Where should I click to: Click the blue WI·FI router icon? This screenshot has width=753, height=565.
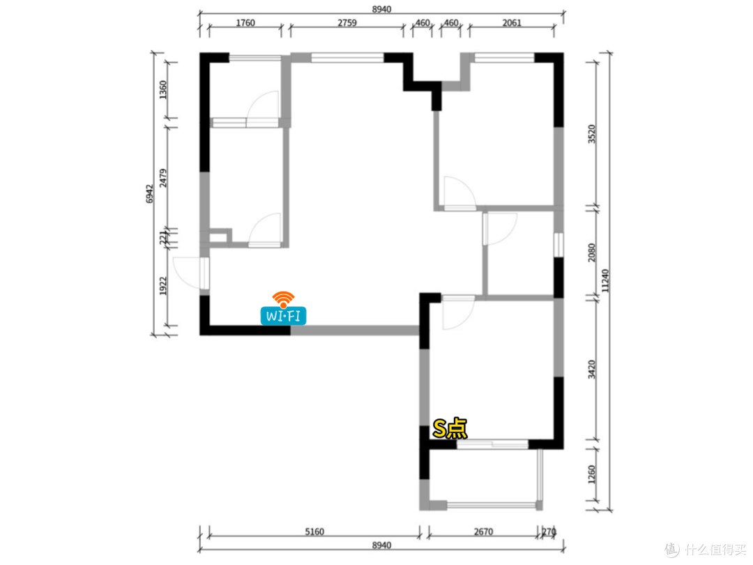(283, 316)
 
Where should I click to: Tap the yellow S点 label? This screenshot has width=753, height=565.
(450, 428)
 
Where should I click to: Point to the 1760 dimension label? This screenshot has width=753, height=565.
(245, 22)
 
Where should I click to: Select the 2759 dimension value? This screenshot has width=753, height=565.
(347, 22)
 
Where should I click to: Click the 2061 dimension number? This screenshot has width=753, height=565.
(512, 22)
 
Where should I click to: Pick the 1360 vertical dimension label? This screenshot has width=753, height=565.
(162, 90)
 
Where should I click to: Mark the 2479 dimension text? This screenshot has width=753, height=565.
(162, 178)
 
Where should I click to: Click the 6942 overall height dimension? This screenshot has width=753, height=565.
(149, 194)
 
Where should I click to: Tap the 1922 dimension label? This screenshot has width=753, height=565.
(162, 286)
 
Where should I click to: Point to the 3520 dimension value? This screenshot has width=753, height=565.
(592, 134)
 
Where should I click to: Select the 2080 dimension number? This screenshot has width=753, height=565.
(592, 253)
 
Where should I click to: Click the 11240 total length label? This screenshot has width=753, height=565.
(605, 280)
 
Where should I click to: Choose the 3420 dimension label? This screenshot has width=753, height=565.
(592, 370)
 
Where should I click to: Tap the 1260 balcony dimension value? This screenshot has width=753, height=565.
(592, 475)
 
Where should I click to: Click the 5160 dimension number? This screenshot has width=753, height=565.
(314, 532)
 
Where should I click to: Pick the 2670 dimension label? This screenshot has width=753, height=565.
(483, 532)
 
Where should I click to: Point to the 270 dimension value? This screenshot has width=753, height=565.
(549, 532)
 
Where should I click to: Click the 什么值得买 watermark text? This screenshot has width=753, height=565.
(716, 549)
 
